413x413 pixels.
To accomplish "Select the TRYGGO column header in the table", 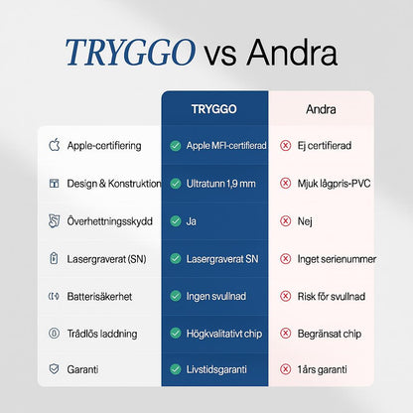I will pyautogui.click(x=214, y=108).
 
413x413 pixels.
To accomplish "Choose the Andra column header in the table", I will pyautogui.click(x=320, y=108).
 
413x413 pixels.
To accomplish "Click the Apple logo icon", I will pyautogui.click(x=54, y=146).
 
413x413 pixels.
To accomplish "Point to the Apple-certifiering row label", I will pyautogui.click(x=104, y=146).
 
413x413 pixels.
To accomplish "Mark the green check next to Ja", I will pyautogui.click(x=175, y=221).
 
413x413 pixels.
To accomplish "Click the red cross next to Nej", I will pyautogui.click(x=286, y=221).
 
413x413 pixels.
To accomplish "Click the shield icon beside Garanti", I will pyautogui.click(x=54, y=370).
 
